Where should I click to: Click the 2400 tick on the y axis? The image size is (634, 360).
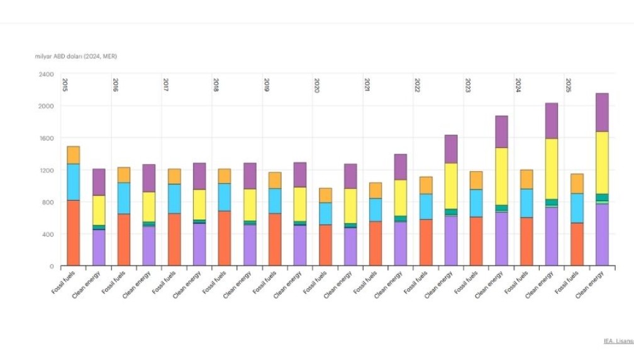46,74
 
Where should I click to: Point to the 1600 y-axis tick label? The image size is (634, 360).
46,138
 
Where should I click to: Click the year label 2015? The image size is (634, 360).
65,85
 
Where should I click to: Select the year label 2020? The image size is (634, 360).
316,85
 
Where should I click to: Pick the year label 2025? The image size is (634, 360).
569,85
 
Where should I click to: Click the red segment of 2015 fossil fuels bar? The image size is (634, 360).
74,233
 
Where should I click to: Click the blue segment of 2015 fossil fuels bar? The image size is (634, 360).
74,182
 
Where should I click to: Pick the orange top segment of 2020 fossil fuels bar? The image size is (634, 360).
325,195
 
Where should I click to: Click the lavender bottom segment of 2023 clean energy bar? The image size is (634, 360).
501,239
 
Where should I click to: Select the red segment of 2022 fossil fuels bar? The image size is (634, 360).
426,242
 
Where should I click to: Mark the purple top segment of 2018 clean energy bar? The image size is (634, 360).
250,176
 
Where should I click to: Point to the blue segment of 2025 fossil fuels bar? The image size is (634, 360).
577,208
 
